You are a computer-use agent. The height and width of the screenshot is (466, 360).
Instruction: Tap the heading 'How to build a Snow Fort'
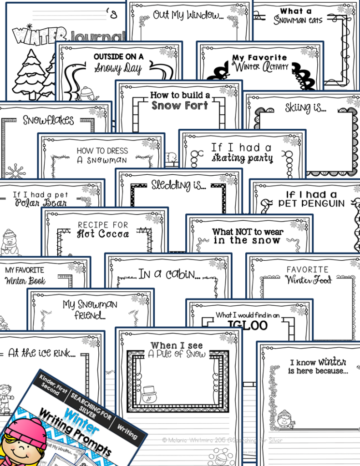[180, 101]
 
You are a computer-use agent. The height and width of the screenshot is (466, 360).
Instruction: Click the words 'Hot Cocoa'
[103, 234]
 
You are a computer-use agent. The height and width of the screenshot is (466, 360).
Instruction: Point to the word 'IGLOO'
[248, 325]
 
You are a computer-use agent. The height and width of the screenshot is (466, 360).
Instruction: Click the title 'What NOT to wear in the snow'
[248, 236]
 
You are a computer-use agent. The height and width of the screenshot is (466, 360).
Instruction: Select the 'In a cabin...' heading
[169, 274]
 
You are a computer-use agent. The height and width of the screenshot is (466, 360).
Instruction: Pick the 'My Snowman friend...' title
[90, 310]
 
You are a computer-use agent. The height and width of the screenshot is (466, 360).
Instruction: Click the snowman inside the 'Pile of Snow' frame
[149, 394]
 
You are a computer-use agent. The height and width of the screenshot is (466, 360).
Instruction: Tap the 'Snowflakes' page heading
[48, 121]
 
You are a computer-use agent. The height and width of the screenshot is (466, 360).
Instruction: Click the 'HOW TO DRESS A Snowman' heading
[102, 155]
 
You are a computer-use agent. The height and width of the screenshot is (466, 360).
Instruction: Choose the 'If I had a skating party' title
[242, 153]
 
